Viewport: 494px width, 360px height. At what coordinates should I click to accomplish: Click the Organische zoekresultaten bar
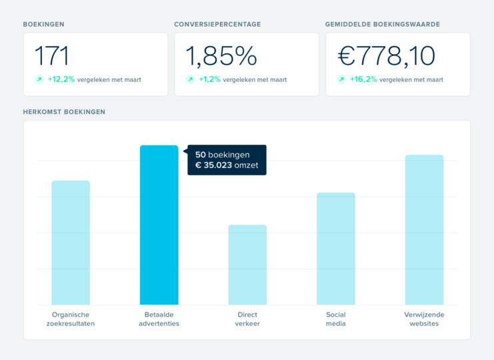click(71, 243)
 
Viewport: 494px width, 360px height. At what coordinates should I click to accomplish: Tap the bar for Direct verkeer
click(247, 265)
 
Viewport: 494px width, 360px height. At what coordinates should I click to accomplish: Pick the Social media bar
click(335, 249)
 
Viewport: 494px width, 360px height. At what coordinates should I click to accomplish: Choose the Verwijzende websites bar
click(424, 230)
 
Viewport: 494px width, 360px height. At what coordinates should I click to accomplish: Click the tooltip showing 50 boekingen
click(227, 160)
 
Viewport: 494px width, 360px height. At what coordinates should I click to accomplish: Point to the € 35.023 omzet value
click(227, 165)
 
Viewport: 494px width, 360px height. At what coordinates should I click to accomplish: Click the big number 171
click(51, 56)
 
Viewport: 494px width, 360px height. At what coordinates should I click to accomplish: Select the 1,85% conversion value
click(221, 56)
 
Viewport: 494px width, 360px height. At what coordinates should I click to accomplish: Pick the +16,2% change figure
click(363, 79)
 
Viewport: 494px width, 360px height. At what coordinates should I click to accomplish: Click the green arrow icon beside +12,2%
click(39, 79)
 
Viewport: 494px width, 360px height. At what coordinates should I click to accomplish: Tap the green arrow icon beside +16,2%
click(341, 79)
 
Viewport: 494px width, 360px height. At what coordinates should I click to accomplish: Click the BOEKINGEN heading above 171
click(44, 25)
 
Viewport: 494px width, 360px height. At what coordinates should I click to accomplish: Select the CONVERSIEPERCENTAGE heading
click(217, 25)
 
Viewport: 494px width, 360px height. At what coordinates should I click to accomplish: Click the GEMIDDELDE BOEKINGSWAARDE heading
click(382, 25)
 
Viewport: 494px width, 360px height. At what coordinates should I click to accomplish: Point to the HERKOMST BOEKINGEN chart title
click(64, 111)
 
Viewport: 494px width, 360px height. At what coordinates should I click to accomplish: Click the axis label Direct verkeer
click(247, 319)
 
